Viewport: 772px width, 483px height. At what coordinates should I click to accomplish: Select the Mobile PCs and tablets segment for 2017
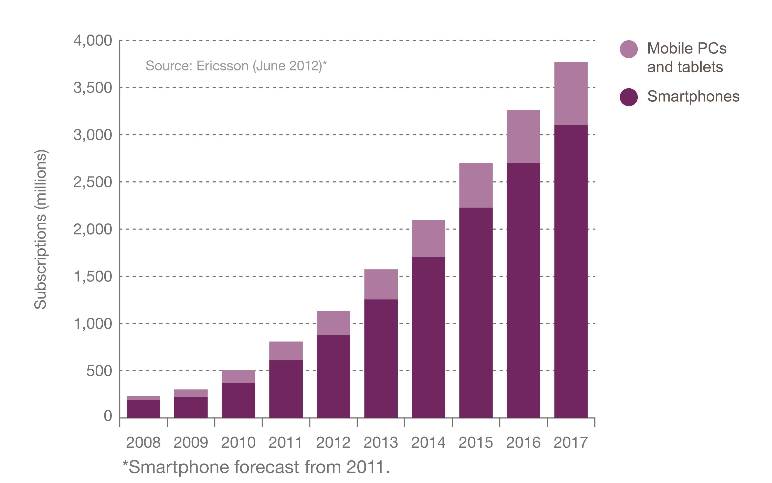(x=571, y=93)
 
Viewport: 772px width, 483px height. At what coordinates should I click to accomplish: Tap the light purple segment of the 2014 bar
(x=428, y=238)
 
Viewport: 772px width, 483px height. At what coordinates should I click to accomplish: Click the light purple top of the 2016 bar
(x=523, y=137)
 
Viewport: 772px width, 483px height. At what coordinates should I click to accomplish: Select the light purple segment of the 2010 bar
(x=238, y=376)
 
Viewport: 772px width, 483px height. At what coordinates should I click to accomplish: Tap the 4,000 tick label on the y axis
(x=93, y=41)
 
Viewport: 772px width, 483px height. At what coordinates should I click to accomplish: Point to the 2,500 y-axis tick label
(x=93, y=182)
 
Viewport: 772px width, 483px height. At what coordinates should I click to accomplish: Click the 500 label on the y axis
(x=99, y=371)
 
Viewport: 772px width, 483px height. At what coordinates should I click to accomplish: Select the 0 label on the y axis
(x=108, y=416)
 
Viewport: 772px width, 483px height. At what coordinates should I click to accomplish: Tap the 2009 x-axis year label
(x=191, y=443)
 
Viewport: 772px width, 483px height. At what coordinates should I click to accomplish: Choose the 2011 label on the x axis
(x=286, y=443)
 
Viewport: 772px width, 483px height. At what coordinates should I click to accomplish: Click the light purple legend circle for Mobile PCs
(x=629, y=49)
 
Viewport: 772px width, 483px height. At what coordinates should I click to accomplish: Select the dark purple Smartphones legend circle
(x=629, y=97)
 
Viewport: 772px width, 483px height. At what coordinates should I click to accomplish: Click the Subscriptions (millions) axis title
(x=41, y=229)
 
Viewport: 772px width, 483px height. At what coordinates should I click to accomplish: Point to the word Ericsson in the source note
(x=222, y=66)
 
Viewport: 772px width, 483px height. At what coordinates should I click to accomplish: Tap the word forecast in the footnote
(x=267, y=467)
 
